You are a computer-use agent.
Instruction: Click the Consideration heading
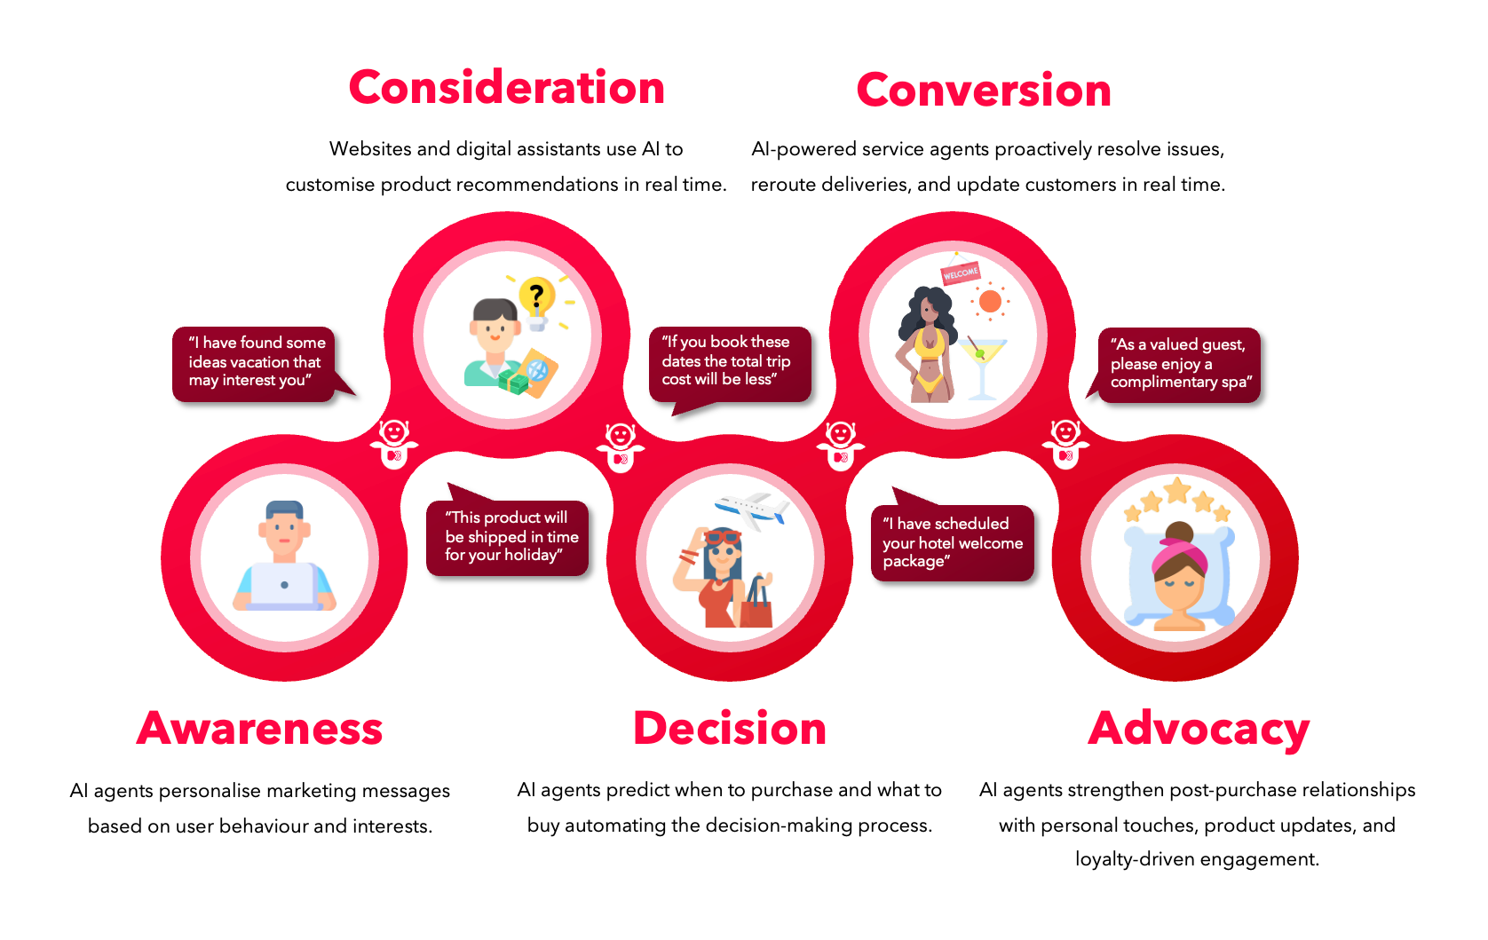tap(506, 88)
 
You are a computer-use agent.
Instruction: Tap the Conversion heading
tap(984, 91)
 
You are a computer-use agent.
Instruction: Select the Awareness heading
tap(260, 728)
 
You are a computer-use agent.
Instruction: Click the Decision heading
tap(730, 728)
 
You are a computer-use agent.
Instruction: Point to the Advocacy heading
tap(1199, 731)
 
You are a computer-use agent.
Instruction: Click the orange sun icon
tap(990, 301)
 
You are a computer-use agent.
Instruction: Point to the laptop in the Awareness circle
tap(284, 586)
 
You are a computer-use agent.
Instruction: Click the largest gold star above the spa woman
tap(1177, 490)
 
